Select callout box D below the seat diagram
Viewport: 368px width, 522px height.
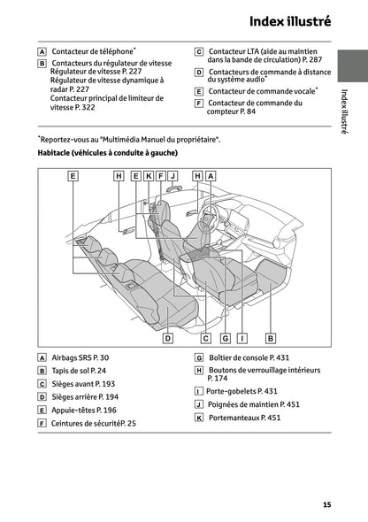[167, 337]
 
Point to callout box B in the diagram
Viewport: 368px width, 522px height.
[271, 337]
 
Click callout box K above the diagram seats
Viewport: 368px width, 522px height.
[149, 176]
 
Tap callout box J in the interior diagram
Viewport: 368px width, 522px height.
[173, 176]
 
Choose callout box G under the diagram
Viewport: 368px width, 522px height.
[226, 337]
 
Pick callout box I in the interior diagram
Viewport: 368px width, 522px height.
[242, 337]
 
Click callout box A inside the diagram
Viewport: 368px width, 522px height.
[211, 176]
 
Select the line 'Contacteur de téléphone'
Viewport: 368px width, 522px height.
[94, 52]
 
